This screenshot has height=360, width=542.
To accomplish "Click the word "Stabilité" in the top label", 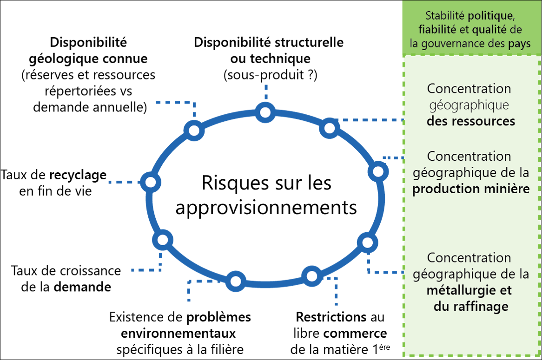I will tap(445, 16).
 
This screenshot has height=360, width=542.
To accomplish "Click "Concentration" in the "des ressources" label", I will tap(469, 88).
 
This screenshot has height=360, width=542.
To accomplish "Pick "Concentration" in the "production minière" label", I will tap(469, 156).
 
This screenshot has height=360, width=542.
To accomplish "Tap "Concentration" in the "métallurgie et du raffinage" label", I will tap(469, 257).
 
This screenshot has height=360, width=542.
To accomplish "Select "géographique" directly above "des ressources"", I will tap(469, 105).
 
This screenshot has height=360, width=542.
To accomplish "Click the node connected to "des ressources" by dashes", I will tap(329, 128).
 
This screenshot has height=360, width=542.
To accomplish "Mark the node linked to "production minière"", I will tap(378, 172).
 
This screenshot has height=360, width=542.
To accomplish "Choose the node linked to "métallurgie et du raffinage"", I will tap(367, 242).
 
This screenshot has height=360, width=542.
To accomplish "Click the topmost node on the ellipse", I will tap(265, 112).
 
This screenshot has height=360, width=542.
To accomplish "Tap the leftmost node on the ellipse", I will tap(151, 182).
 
